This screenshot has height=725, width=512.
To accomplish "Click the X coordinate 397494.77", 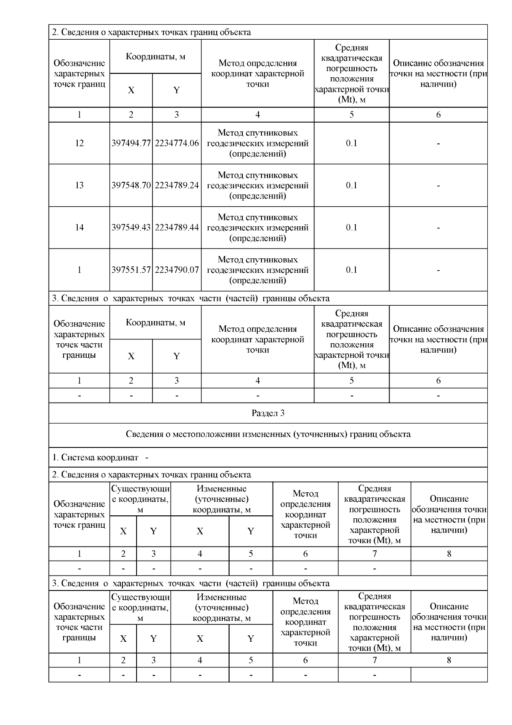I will coord(131,143).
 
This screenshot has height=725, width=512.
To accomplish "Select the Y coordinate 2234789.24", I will coord(177,185).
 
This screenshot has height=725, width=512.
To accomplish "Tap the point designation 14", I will coord(79,228).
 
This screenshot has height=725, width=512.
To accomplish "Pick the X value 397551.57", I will coord(131,270).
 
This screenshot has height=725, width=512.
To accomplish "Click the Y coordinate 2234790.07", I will coord(177,270).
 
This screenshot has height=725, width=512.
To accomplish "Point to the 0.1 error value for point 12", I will coord(352,143).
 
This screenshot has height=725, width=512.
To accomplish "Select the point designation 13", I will coord(79,185).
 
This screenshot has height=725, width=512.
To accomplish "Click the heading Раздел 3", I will coord(268,413).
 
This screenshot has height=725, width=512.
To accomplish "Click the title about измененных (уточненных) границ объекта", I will coord(268,434).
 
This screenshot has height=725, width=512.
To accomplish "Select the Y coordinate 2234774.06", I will coord(177,143).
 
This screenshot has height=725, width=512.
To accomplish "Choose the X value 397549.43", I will coord(131,228).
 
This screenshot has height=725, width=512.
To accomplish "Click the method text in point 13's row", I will coord(258,185).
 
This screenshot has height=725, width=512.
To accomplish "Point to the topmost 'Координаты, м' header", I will coord(155,57).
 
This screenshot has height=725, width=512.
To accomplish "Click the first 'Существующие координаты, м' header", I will coord(140,499).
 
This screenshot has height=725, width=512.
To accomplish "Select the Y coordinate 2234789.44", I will coord(177,228).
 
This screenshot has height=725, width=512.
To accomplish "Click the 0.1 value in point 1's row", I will coord(352,270).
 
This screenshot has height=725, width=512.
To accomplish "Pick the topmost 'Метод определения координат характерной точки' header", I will coord(258,73).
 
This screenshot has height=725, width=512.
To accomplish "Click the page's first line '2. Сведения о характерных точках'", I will coord(151,32).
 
